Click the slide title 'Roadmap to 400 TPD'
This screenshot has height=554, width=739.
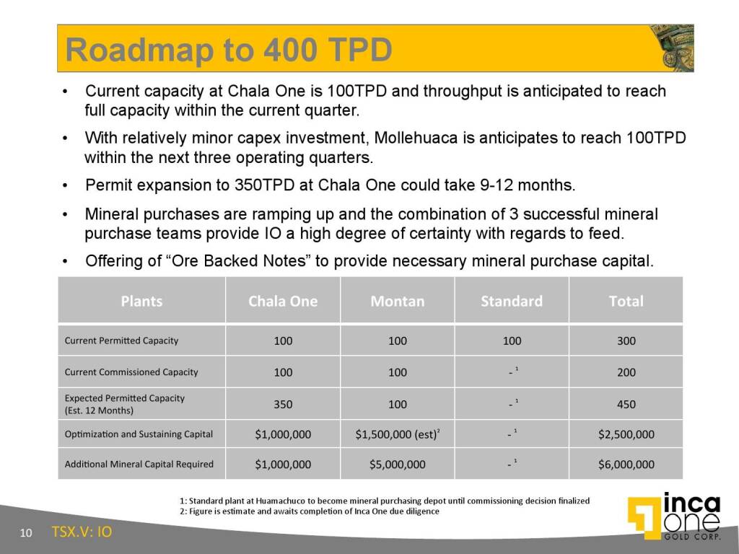pyautogui.click(x=229, y=50)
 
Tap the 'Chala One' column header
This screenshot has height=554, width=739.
pyautogui.click(x=283, y=301)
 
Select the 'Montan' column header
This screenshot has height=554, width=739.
pyautogui.click(x=398, y=301)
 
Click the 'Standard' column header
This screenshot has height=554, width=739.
pyautogui.click(x=512, y=301)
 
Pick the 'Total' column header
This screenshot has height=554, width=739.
pyautogui.click(x=626, y=301)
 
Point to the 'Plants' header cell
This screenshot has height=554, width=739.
pyautogui.click(x=141, y=301)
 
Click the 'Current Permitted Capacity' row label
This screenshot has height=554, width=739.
pyautogui.click(x=121, y=340)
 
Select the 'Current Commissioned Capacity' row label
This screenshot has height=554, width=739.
pyautogui.click(x=131, y=372)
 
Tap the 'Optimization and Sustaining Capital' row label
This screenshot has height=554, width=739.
pyautogui.click(x=139, y=434)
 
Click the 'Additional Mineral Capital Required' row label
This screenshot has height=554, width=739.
pyautogui.click(x=139, y=464)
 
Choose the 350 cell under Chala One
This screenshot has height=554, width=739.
pyautogui.click(x=283, y=404)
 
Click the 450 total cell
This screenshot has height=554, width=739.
pyautogui.click(x=626, y=404)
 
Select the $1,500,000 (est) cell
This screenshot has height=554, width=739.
pyautogui.click(x=398, y=434)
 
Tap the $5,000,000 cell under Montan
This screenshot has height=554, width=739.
pyautogui.click(x=398, y=465)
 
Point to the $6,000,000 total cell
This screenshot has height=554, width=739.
pyautogui.click(x=626, y=465)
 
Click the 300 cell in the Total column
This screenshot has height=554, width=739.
pyautogui.click(x=626, y=340)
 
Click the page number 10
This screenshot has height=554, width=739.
pyautogui.click(x=26, y=533)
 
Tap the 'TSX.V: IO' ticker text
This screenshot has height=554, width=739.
pyautogui.click(x=82, y=532)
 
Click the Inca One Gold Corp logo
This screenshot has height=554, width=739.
pyautogui.click(x=675, y=516)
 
